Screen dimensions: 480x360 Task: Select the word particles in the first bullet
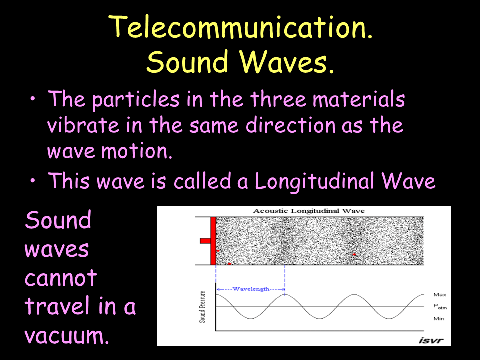136,100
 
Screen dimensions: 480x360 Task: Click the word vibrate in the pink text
83,125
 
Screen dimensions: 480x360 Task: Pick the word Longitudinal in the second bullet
314,181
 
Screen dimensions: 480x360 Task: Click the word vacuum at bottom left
66,335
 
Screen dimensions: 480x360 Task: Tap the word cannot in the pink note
61,278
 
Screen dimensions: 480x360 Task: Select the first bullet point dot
33,100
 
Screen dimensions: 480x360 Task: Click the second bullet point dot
33,180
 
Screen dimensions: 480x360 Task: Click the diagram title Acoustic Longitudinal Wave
309,211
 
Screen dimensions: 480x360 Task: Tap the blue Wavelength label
251,289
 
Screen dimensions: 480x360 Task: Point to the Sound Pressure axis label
202,307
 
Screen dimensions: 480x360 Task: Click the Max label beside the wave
440,295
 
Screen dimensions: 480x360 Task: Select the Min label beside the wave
439,319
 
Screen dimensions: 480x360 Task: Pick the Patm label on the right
440,306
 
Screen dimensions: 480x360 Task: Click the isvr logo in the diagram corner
431,340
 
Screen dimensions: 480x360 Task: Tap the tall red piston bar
213,241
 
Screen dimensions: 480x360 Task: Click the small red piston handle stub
205,241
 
